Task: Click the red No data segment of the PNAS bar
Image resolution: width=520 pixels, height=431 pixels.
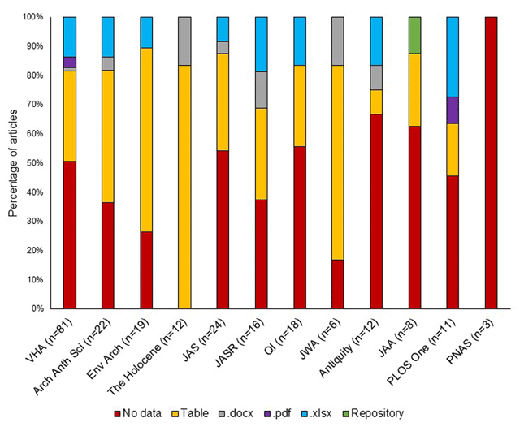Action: pyautogui.click(x=490, y=162)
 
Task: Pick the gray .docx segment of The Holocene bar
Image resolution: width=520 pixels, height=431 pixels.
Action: pyautogui.click(x=184, y=41)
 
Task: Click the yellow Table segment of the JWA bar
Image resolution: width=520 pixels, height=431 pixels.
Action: pyautogui.click(x=337, y=162)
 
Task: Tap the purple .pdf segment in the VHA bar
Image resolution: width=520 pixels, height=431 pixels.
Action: pyautogui.click(x=69, y=62)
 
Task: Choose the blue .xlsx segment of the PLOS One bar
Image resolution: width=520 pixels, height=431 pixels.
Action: pyautogui.click(x=452, y=56)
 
